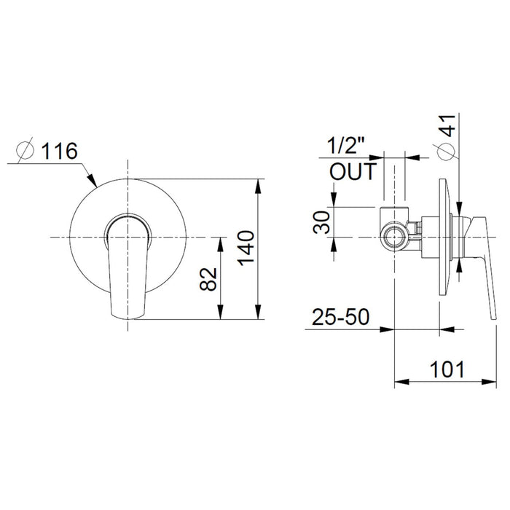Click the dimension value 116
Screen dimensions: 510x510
point(58,152)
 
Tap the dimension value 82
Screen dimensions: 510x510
point(208,278)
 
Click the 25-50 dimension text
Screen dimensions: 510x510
point(341,318)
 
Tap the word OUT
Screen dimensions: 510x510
point(353,172)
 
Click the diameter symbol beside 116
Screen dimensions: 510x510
point(25,152)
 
